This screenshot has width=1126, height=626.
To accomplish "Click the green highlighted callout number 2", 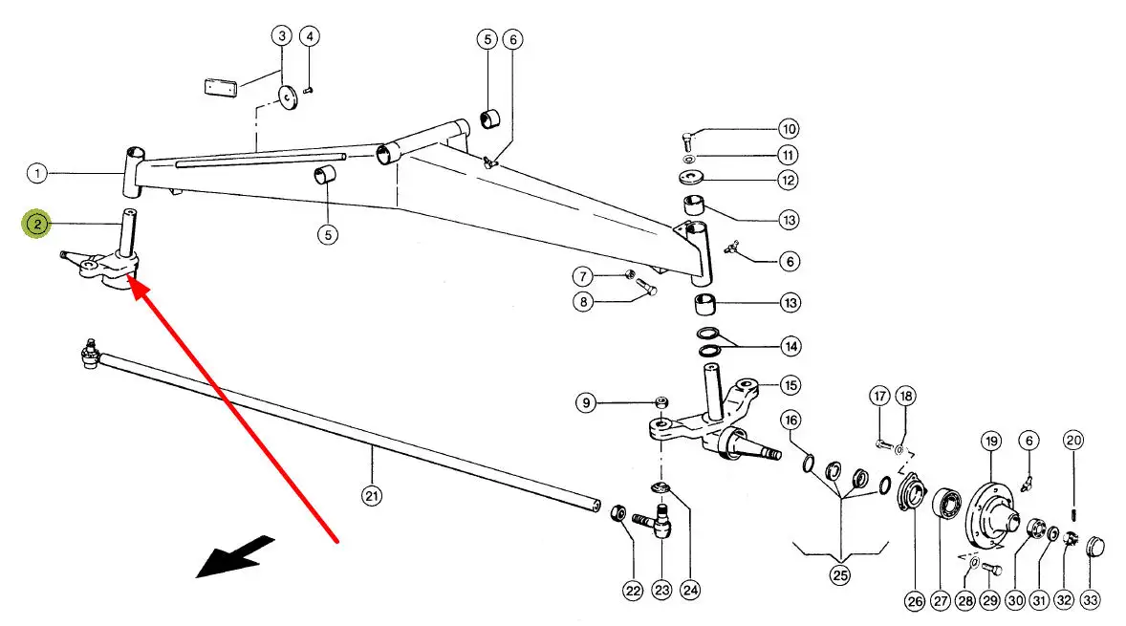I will click(x=36, y=225).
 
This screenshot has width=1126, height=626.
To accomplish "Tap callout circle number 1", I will click(x=36, y=174).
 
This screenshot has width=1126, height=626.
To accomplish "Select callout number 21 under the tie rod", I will click(x=372, y=495).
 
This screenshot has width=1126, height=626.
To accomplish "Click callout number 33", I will click(x=1091, y=600).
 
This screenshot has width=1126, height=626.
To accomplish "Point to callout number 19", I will click(x=990, y=441).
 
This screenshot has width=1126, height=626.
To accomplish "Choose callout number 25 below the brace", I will click(x=840, y=575).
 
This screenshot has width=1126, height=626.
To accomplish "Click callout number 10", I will click(x=789, y=129).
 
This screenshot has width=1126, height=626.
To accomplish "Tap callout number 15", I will click(x=790, y=385).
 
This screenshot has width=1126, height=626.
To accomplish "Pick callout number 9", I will click(x=586, y=402).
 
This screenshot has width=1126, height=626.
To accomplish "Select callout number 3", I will click(x=282, y=36).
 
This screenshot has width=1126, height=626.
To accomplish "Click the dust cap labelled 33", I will click(x=1095, y=548).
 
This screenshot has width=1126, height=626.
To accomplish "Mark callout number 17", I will click(x=880, y=396).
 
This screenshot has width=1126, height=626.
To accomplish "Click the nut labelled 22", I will click(x=617, y=514).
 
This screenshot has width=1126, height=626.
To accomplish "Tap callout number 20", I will click(x=1072, y=441).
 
